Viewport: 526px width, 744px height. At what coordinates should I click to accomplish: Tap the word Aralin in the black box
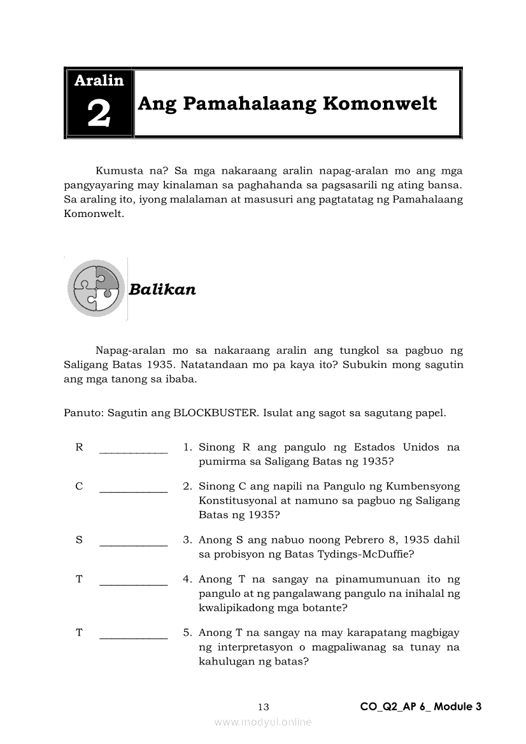click(x=99, y=80)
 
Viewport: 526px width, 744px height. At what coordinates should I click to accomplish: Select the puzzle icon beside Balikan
click(x=96, y=288)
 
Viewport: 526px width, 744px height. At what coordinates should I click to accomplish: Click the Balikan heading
click(x=162, y=290)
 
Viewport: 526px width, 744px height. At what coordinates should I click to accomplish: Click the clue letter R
click(x=79, y=447)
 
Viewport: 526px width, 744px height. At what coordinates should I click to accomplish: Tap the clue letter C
click(x=79, y=486)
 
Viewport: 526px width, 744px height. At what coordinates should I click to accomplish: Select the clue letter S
click(x=79, y=540)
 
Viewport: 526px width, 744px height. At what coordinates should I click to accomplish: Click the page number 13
click(x=264, y=706)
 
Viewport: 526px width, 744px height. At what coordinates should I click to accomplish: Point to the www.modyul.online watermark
click(x=263, y=722)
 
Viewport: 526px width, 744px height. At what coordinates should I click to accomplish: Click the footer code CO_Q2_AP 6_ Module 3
click(x=420, y=706)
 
